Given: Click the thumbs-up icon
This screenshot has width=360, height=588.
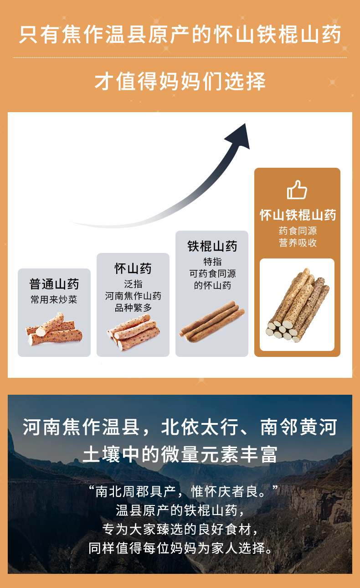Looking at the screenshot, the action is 297,190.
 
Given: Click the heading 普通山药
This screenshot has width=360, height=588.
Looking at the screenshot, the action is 54,284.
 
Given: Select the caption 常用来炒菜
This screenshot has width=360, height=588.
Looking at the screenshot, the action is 54,299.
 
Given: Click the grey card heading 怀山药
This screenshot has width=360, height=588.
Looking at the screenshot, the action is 133,268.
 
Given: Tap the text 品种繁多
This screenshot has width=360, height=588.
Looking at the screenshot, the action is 133,308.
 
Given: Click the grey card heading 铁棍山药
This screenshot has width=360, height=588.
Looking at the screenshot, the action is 212,247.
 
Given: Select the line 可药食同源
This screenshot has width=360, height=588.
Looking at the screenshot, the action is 212,273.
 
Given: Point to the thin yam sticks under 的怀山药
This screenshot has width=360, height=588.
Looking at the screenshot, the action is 212,320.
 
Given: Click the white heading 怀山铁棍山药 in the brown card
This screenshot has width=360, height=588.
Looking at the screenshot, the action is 298,215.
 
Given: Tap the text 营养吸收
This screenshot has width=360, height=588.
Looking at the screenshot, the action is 298,243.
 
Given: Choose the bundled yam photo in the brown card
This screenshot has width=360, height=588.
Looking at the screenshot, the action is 297,304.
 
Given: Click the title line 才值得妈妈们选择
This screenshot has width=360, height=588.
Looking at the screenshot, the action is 180,82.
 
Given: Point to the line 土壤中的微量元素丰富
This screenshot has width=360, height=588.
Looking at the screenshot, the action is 180,454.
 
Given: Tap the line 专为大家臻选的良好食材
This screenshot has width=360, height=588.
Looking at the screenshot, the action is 180,529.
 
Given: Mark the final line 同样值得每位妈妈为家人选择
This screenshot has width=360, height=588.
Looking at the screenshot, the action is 180,548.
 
